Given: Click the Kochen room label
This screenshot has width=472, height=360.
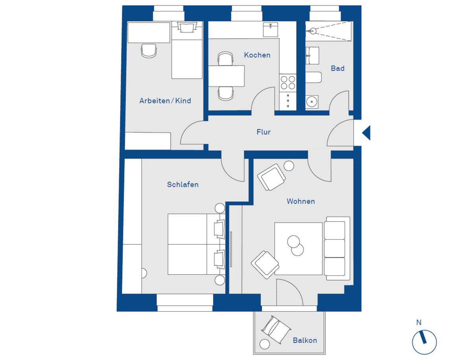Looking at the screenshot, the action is [x=257, y=55].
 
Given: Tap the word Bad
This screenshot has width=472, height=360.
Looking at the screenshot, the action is [x=337, y=68].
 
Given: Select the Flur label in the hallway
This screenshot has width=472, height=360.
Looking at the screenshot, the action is [x=264, y=132].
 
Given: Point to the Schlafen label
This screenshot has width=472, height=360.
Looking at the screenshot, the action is [x=183, y=185].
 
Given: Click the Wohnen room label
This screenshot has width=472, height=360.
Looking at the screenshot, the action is [x=301, y=201].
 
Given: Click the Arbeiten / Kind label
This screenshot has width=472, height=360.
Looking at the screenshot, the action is [x=165, y=101].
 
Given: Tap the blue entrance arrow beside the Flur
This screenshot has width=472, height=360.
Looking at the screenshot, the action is [x=366, y=133].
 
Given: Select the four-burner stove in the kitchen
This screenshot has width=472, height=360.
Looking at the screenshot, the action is [x=288, y=83].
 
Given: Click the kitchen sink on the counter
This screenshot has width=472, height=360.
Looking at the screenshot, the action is [x=271, y=30].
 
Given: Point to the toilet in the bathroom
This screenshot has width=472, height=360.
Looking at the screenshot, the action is [x=313, y=78].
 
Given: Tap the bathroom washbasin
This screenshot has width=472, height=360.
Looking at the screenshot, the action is [x=312, y=55].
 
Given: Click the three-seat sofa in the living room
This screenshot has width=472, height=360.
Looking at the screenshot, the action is [x=337, y=248].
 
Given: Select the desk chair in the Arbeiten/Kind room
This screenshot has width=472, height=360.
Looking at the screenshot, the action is [x=149, y=51].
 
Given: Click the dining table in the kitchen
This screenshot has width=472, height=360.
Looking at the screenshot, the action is [x=226, y=76].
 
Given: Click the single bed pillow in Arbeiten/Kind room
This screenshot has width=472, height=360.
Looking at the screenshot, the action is [x=187, y=27].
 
